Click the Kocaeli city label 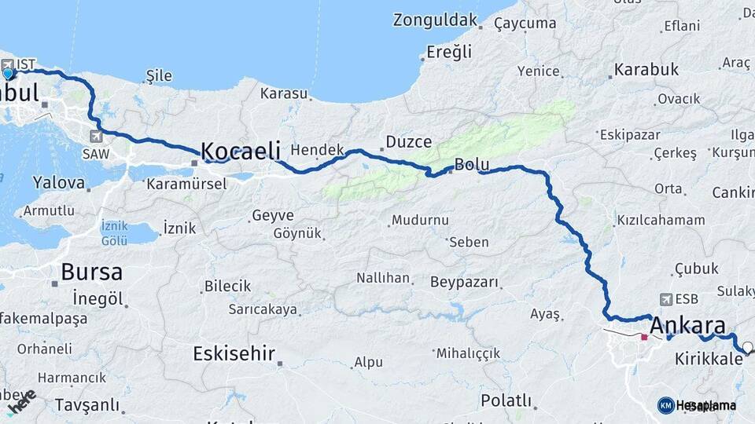[x=241, y=150]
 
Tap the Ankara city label [x=688, y=326]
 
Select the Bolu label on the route [x=472, y=166]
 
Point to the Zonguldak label [x=435, y=20]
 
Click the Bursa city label [x=91, y=272]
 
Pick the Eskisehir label [x=234, y=353]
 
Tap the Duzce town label [x=408, y=142]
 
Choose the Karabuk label [x=646, y=69]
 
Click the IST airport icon [x=8, y=64]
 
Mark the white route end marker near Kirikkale [x=746, y=346]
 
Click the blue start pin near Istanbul [x=9, y=74]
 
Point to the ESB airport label [x=687, y=299]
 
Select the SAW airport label [x=95, y=155]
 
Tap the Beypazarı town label [x=466, y=282]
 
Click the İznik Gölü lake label [x=114, y=232]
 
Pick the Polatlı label [x=506, y=400]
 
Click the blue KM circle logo [x=665, y=405]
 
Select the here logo [x=22, y=401]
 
